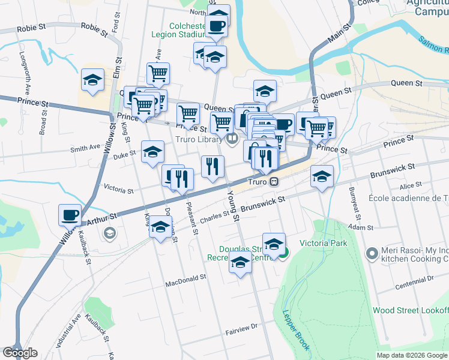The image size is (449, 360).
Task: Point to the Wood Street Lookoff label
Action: (411, 310)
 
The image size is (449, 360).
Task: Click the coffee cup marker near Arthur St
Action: (70, 214)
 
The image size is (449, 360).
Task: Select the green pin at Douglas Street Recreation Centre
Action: (285, 254)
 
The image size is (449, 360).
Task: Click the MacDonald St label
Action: (186, 278)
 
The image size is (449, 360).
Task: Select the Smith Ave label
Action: (85, 148)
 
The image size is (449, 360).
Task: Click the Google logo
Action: (20, 353)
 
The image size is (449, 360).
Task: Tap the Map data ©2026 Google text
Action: (412, 355)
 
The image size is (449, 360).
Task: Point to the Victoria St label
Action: (118, 190)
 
